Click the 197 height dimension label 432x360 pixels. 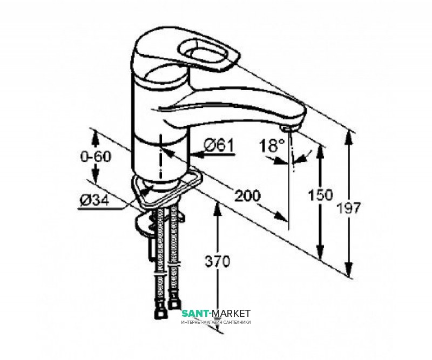349,207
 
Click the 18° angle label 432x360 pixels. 273,145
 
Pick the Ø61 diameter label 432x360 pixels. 219,145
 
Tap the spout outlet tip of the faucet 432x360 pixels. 287,127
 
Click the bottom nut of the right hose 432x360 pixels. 174,306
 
